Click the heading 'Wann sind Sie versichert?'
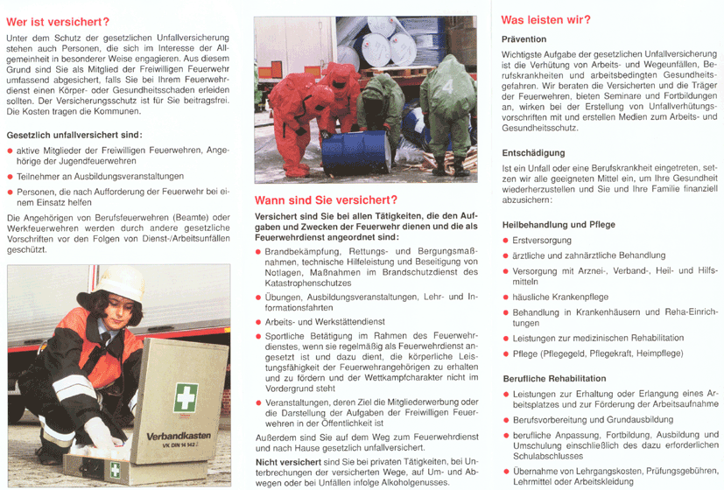(326, 199)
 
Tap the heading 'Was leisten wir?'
(545, 19)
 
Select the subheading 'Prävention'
(524, 39)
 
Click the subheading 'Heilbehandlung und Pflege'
(559, 225)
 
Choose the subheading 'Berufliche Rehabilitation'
(553, 379)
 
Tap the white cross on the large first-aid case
(186, 396)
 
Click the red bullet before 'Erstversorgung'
(505, 240)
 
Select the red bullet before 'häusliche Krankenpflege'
(505, 297)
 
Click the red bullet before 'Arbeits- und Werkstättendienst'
(257, 322)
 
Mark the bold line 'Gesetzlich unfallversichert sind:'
(74, 136)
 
